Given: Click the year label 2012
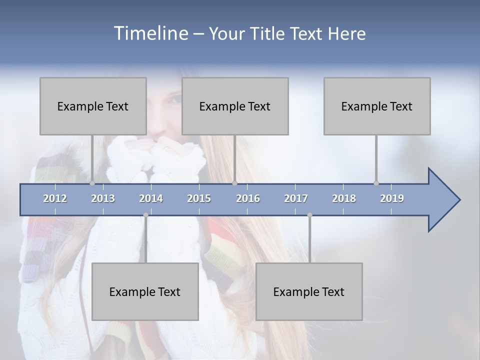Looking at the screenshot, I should pyautogui.click(x=55, y=198).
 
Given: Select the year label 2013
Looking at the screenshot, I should pyautogui.click(x=103, y=198).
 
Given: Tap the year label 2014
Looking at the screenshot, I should pyautogui.click(x=151, y=198).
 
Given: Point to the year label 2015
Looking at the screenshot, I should pyautogui.click(x=199, y=198).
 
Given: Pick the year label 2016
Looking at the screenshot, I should pyautogui.click(x=248, y=198).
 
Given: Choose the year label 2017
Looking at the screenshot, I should pyautogui.click(x=296, y=198).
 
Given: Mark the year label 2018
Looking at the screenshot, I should pyautogui.click(x=344, y=198).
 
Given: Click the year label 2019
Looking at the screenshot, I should pyautogui.click(x=392, y=198).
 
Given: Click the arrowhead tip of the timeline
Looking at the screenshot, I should pyautogui.click(x=459, y=200).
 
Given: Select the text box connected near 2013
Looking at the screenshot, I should pyautogui.click(x=93, y=106).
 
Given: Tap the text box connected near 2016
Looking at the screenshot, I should pyautogui.click(x=235, y=106).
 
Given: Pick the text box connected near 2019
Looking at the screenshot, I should pyautogui.click(x=377, y=106).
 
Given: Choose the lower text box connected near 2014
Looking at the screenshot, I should pyautogui.click(x=145, y=291).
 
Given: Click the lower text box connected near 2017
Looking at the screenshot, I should pyautogui.click(x=309, y=291).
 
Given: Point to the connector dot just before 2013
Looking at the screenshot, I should pyautogui.click(x=92, y=183).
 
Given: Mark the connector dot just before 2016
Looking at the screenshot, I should pyautogui.click(x=234, y=183).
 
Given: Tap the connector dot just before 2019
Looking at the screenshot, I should pyautogui.click(x=376, y=183).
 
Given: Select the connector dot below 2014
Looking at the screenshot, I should pyautogui.click(x=145, y=215).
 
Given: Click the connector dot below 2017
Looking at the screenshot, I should pyautogui.click(x=309, y=215).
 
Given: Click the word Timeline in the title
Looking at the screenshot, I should pyautogui.click(x=150, y=33).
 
